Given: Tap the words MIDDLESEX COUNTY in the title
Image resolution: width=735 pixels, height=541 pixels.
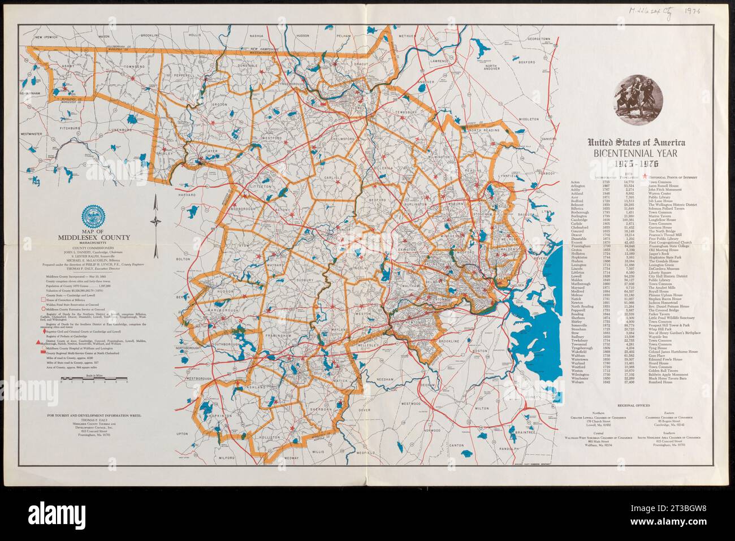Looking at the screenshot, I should [91, 238].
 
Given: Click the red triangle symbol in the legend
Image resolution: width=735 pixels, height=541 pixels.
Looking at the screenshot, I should [38, 343].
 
